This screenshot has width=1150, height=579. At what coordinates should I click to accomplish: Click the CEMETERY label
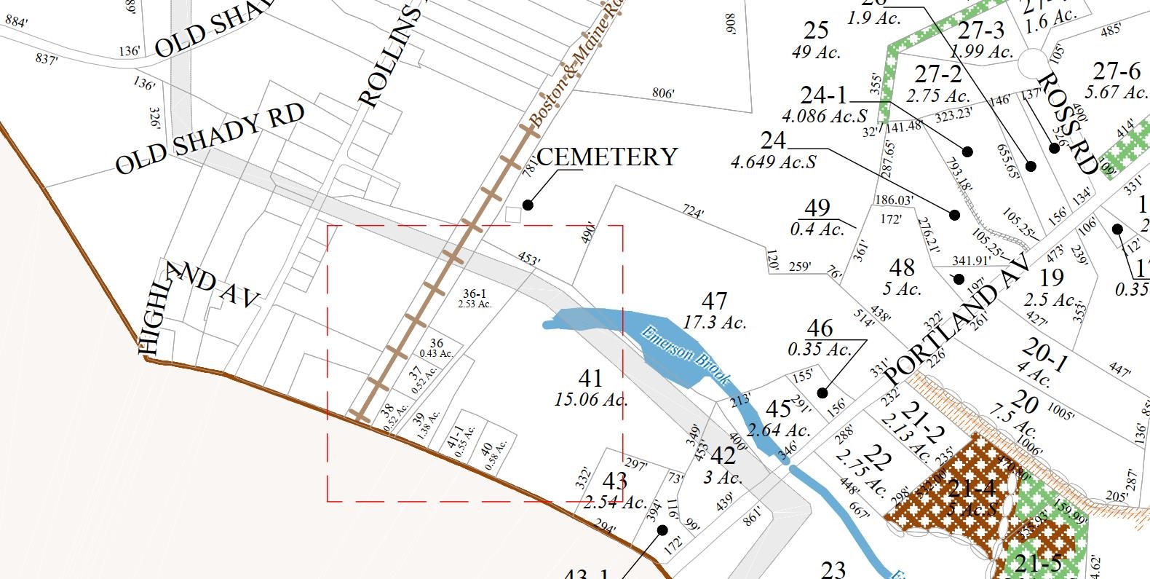[x=607, y=157]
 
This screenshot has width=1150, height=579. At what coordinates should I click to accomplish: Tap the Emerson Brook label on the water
[x=684, y=355]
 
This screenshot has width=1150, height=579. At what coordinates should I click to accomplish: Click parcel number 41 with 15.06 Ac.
[x=590, y=378]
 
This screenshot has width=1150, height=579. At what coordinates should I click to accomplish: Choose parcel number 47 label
[x=714, y=301]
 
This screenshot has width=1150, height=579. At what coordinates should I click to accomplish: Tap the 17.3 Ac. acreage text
[x=715, y=321]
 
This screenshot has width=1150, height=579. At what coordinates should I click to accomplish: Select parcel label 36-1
[x=475, y=294]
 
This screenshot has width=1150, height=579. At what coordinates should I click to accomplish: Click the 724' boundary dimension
[x=692, y=212]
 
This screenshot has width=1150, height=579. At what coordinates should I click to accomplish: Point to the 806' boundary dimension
[x=662, y=93]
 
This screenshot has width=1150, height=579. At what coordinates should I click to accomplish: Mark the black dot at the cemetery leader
[x=528, y=205]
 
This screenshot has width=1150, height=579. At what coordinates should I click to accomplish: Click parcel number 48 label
[x=902, y=268]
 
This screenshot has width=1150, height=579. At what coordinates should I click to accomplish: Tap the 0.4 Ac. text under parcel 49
[x=817, y=229]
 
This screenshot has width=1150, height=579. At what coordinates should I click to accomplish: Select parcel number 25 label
[x=816, y=31]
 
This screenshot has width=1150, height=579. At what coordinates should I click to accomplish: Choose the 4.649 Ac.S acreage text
[x=773, y=162]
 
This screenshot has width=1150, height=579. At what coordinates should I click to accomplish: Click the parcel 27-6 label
[x=1117, y=71]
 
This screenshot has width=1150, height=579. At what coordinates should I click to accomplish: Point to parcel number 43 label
[x=615, y=481]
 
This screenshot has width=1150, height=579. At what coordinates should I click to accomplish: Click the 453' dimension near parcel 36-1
[x=528, y=259]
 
